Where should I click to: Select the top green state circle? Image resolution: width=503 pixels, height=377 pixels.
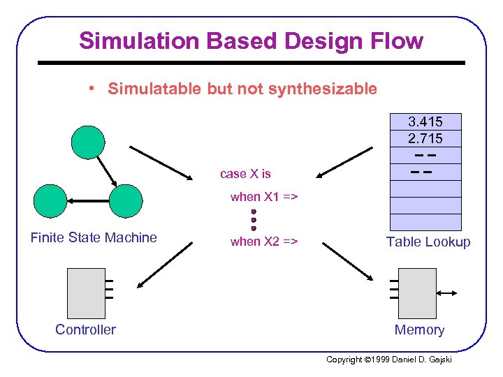88,142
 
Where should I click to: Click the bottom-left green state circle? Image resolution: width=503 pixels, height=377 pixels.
51,201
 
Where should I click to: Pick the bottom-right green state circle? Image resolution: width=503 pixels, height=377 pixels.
125,201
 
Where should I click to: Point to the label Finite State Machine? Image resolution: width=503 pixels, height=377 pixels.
94,237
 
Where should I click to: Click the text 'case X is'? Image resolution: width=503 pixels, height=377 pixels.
245,174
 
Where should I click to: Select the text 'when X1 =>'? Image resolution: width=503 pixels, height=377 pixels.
264,197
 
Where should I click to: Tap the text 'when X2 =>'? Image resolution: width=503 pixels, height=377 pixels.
264,242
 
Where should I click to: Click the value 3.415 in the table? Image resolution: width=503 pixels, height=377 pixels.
425,121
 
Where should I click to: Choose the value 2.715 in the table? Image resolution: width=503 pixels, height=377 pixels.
425,138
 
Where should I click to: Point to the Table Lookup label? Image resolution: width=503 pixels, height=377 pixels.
428,242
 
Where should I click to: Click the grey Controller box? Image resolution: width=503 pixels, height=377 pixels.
86,293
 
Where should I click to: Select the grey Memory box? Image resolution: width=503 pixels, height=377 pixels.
418,293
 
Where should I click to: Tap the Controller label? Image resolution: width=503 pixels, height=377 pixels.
85,330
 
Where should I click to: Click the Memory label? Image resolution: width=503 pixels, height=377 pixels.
419,330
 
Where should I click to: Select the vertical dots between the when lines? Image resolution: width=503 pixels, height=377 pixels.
254,219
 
